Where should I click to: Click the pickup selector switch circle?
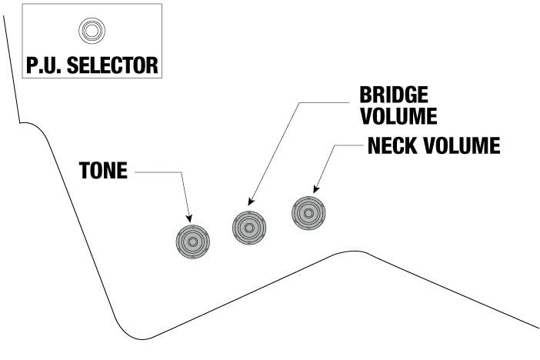pyautogui.click(x=92, y=31)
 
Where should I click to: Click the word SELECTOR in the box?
pyautogui.click(x=112, y=65)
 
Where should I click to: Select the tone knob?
pyautogui.click(x=193, y=242)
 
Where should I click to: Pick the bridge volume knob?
pyautogui.click(x=249, y=228)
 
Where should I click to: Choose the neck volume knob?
pyautogui.click(x=308, y=213)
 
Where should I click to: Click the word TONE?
pyautogui.click(x=103, y=170)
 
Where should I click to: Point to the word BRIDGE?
pyautogui.click(x=394, y=95)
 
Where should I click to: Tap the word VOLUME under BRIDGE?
pyautogui.click(x=398, y=116)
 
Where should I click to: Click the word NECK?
pyautogui.click(x=392, y=145)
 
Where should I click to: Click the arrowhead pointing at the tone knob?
pyautogui.click(x=188, y=218)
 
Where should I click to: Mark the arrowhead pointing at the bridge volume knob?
pyautogui.click(x=251, y=202)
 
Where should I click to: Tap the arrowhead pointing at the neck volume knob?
pyautogui.click(x=316, y=189)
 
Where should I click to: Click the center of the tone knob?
pyautogui.click(x=193, y=242)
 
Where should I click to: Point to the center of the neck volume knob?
pyautogui.click(x=308, y=213)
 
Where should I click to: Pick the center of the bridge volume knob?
pyautogui.click(x=249, y=228)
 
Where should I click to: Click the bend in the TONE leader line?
pyautogui.click(x=181, y=172)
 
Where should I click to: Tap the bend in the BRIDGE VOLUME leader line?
pyautogui.click(x=299, y=102)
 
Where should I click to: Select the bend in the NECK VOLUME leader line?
pyautogui.click(x=335, y=145)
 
